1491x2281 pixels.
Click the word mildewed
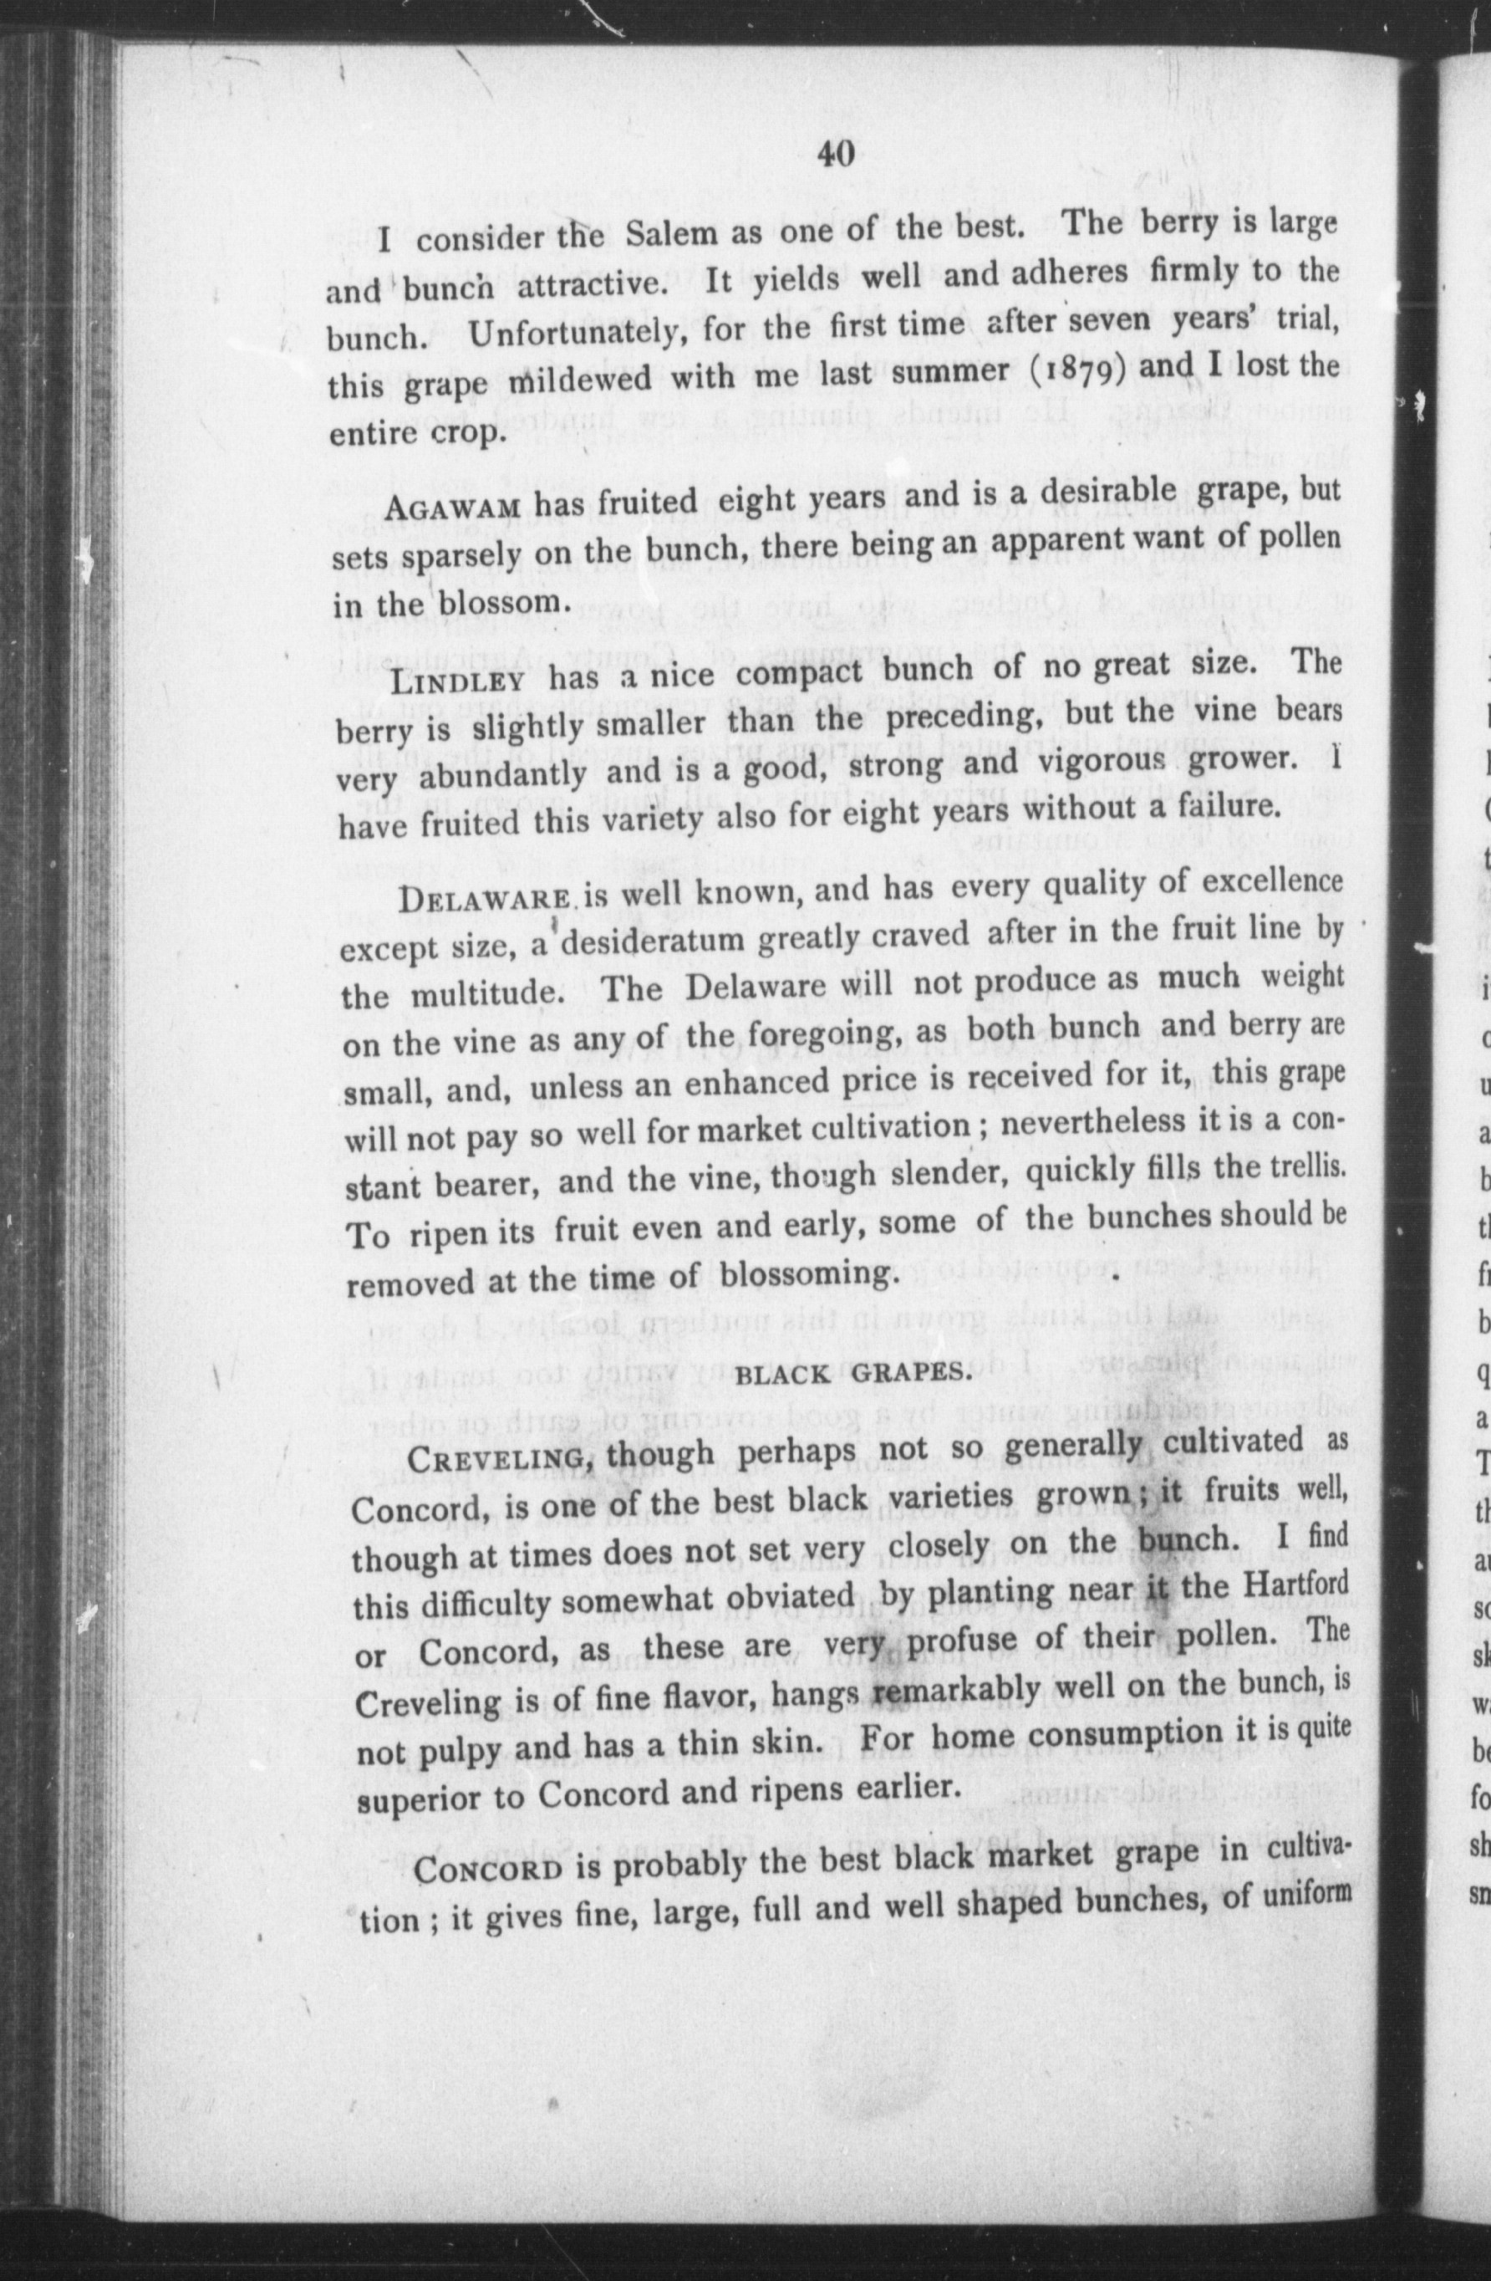[574, 380]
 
